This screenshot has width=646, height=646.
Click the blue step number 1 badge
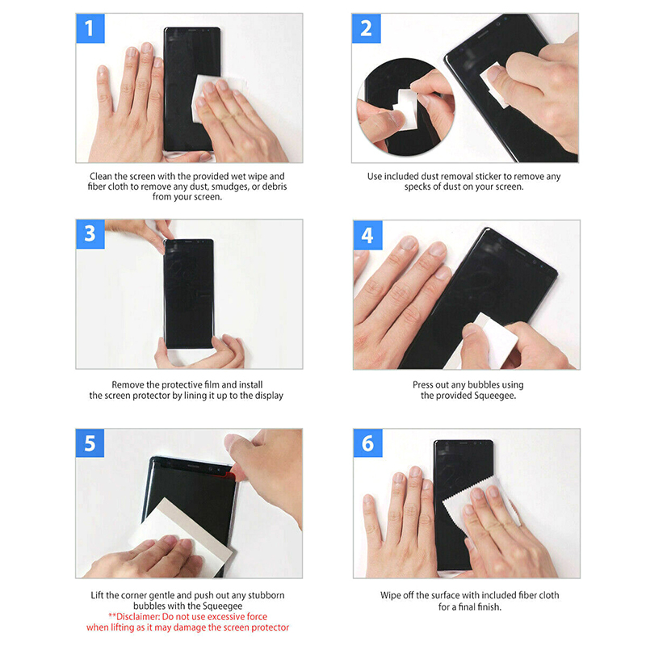pyautogui.click(x=90, y=28)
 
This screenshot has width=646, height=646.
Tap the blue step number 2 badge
pyautogui.click(x=367, y=28)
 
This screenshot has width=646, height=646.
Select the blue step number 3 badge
pyautogui.click(x=90, y=234)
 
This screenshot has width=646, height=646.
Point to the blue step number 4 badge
pyautogui.click(x=367, y=235)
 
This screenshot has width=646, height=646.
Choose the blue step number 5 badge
pyautogui.click(x=90, y=443)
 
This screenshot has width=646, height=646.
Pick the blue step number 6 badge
pyautogui.click(x=368, y=443)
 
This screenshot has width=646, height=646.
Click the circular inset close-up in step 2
pyautogui.click(x=405, y=107)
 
